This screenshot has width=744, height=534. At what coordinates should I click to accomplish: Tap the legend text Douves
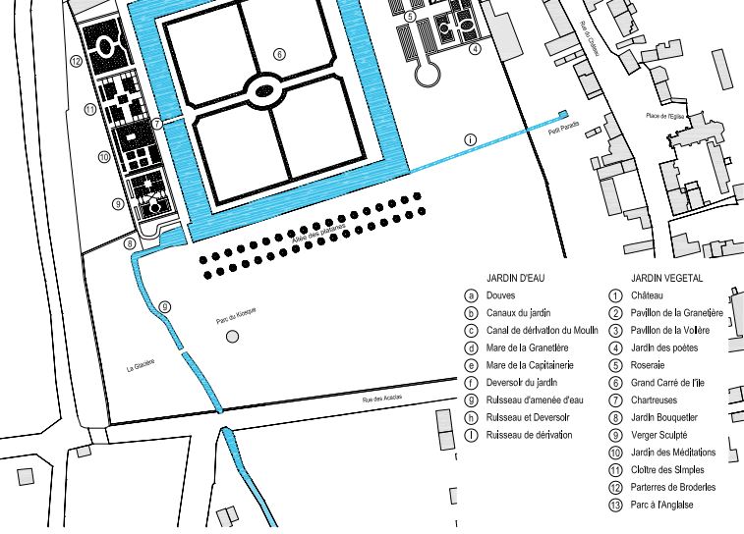pyautogui.click(x=499, y=294)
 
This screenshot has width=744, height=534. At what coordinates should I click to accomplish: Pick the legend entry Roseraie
pyautogui.click(x=649, y=364)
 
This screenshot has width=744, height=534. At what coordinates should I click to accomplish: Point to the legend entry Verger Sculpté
pyautogui.click(x=658, y=435)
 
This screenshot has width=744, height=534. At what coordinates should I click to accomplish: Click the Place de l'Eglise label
pyautogui.click(x=663, y=116)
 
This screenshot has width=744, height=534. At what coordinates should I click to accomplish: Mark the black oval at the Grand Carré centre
pyautogui.click(x=263, y=92)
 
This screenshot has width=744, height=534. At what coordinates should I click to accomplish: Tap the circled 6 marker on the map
pyautogui.click(x=279, y=54)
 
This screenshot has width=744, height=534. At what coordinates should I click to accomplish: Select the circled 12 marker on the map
pyautogui.click(x=77, y=61)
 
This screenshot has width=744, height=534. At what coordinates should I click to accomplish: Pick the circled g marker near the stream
pyautogui.click(x=165, y=306)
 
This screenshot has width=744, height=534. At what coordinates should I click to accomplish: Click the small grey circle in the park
pyautogui.click(x=232, y=337)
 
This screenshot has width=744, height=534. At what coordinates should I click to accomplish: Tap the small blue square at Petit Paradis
pyautogui.click(x=564, y=115)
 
